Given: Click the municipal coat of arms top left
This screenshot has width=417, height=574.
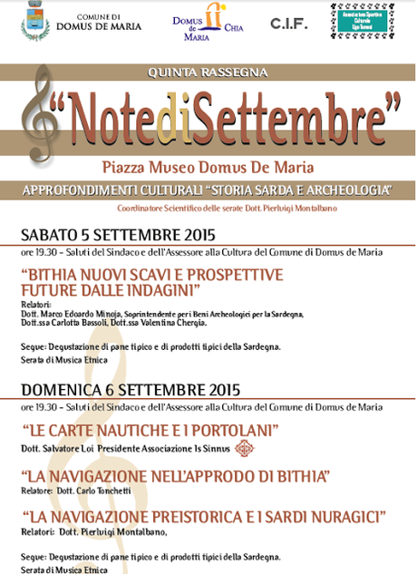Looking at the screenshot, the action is tap(36, 21).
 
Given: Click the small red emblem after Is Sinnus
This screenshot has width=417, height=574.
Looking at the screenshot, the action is tap(242, 448).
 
